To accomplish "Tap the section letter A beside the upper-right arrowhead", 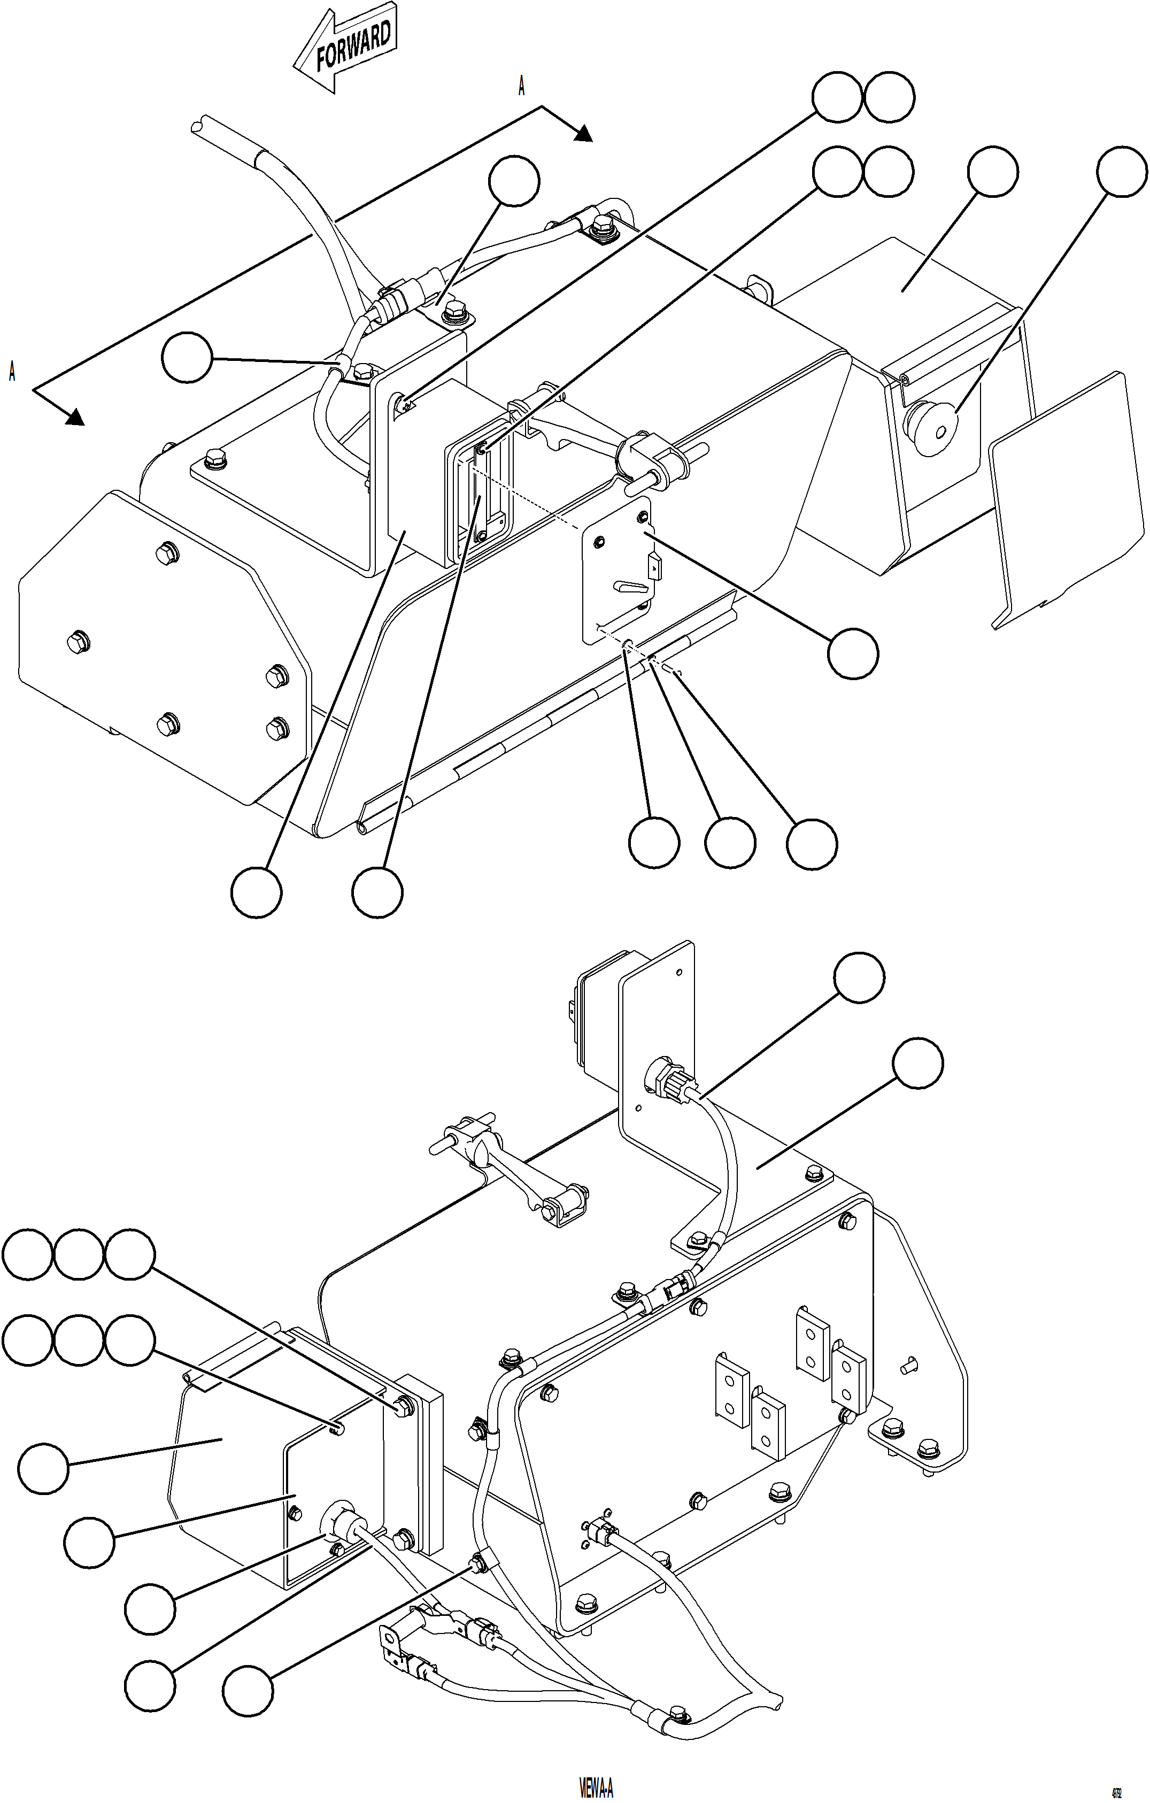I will [x=522, y=87].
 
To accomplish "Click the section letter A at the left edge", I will [x=12, y=372].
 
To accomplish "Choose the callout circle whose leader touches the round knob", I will [x=1122, y=172].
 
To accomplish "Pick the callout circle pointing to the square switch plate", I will [x=853, y=653].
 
